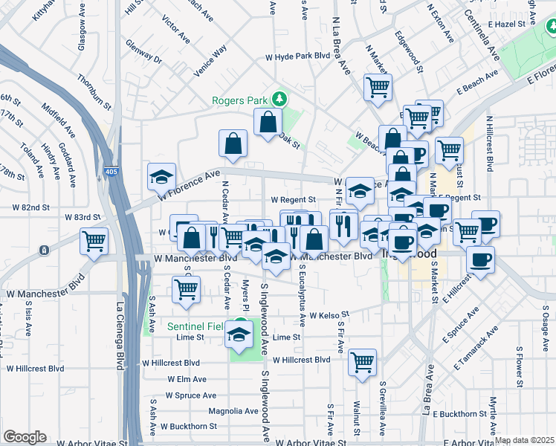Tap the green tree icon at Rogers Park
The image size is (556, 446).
pyautogui.click(x=279, y=98)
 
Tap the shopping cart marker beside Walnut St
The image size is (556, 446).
pyautogui.click(x=363, y=363)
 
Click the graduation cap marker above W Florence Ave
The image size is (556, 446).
pyautogui.click(x=161, y=177)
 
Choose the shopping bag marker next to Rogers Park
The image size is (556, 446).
pyautogui.click(x=268, y=123)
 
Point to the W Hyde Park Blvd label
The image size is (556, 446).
pyautogui.click(x=297, y=56)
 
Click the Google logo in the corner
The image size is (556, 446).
pyautogui.click(x=25, y=437)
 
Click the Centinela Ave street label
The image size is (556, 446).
pyautogui.click(x=482, y=34)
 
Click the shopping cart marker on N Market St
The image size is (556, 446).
pyautogui.click(x=378, y=87)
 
